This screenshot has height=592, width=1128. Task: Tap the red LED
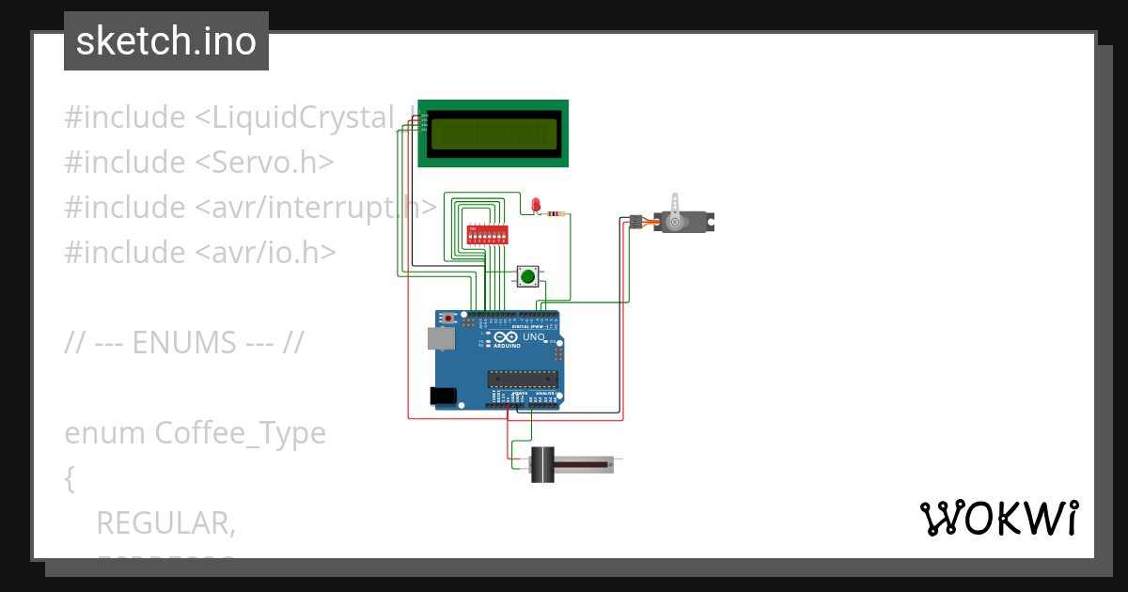tap(536, 205)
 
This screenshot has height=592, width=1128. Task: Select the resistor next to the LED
tap(556, 214)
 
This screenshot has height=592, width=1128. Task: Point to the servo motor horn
tap(677, 206)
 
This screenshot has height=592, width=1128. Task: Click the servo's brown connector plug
tap(635, 222)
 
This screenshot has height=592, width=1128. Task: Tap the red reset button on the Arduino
tap(448, 319)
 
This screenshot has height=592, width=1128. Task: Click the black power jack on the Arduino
tap(443, 397)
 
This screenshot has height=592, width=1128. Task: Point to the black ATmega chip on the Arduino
tap(522, 379)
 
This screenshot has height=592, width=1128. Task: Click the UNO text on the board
tap(533, 336)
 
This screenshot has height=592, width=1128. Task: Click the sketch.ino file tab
tap(166, 41)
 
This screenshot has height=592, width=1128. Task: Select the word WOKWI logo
tap(998, 518)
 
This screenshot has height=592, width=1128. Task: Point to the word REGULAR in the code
tap(165, 523)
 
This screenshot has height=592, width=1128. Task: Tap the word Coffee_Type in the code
tap(240, 433)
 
